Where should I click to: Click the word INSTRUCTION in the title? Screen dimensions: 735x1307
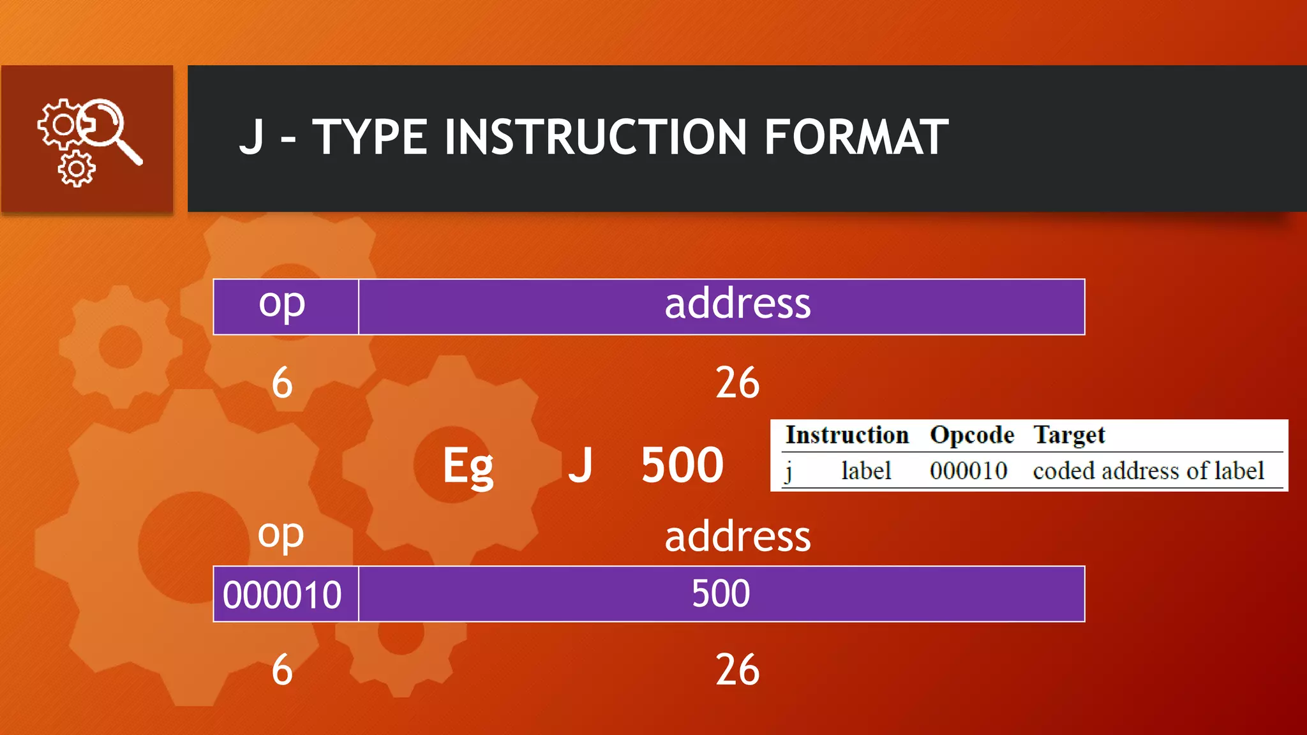595,137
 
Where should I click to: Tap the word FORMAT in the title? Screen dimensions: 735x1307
856,137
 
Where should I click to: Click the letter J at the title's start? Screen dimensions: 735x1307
251,137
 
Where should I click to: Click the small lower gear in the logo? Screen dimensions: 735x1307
77,169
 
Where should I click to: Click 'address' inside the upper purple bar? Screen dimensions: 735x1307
737,304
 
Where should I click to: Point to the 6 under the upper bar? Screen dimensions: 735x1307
282,383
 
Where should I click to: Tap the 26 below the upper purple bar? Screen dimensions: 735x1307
737,383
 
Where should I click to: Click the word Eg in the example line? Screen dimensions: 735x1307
468,466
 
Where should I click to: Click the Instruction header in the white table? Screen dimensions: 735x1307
847,435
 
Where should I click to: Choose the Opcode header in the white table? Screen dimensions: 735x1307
971,435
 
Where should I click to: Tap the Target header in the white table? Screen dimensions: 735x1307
1069,435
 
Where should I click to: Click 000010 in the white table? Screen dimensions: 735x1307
968,471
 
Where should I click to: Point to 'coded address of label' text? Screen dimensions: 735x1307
1148,471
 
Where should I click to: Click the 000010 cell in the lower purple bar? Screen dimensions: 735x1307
282,595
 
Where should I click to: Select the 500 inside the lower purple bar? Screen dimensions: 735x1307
721,593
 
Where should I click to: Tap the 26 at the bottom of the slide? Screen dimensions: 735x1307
737,670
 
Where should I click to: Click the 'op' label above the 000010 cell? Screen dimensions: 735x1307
281,535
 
